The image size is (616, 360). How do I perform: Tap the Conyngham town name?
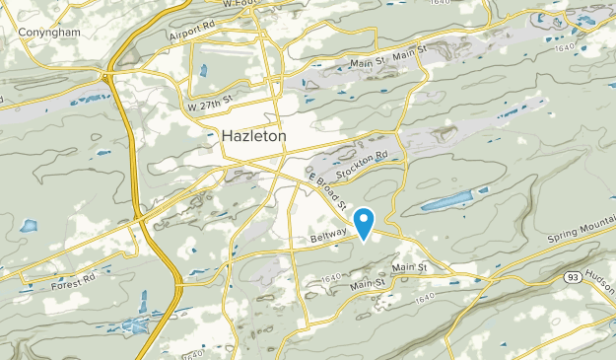(x=48, y=31)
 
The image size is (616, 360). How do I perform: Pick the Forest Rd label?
(x=74, y=284)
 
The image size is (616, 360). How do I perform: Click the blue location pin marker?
(x=365, y=222)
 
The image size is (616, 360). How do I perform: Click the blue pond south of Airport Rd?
(x=201, y=70)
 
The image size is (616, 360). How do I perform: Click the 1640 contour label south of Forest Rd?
(x=194, y=351)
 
